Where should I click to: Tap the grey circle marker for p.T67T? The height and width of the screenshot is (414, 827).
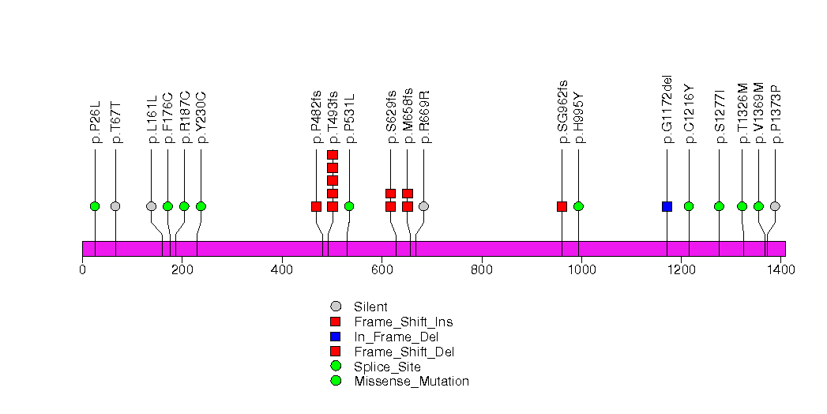[x=115, y=206]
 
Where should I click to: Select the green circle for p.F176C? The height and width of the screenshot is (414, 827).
[x=167, y=206]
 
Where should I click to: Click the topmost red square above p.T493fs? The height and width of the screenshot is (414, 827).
[x=333, y=155]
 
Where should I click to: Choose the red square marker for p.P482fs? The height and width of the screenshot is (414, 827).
[x=316, y=206]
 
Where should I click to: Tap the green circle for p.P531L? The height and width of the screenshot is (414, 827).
[x=349, y=206]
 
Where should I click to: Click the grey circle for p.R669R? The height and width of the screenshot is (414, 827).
[x=423, y=206]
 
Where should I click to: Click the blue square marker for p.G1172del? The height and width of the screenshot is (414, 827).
[x=667, y=206]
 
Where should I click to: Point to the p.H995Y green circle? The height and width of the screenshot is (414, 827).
[x=578, y=206]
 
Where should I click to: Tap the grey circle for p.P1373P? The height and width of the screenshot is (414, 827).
[x=775, y=206]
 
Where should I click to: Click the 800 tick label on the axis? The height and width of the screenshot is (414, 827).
[x=481, y=270]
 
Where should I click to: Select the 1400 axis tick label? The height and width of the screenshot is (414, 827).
[x=780, y=270]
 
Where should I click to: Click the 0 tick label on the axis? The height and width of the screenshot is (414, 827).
[x=83, y=270]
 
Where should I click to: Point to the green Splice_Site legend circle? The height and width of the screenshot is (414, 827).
[x=336, y=367]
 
